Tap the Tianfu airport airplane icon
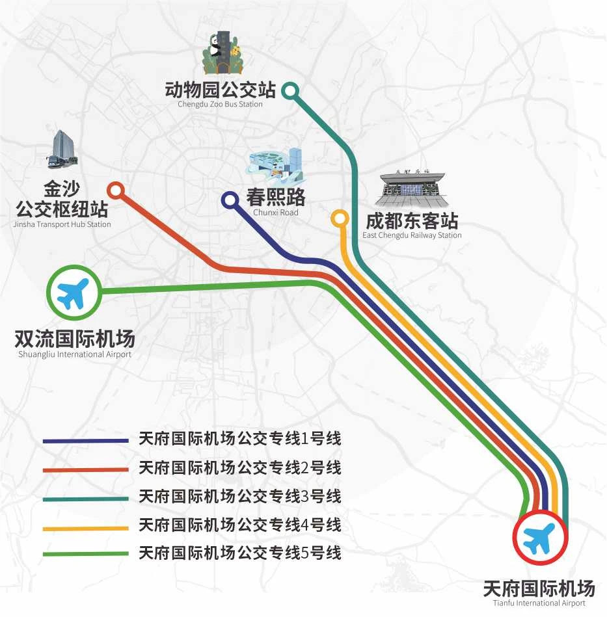tap(539, 538)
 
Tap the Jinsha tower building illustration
tap(63, 150)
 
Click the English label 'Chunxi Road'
tap(276, 213)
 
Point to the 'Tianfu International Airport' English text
tap(539, 603)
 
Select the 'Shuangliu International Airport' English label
tap(75, 354)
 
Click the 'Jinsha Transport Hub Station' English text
tap(62, 224)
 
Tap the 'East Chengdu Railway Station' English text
tap(412, 235)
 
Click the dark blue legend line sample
tap(86, 441)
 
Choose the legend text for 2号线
tap(239, 468)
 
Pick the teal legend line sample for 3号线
tap(86, 499)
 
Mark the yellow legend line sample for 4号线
tap(86, 529)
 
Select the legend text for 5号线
tap(239, 553)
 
